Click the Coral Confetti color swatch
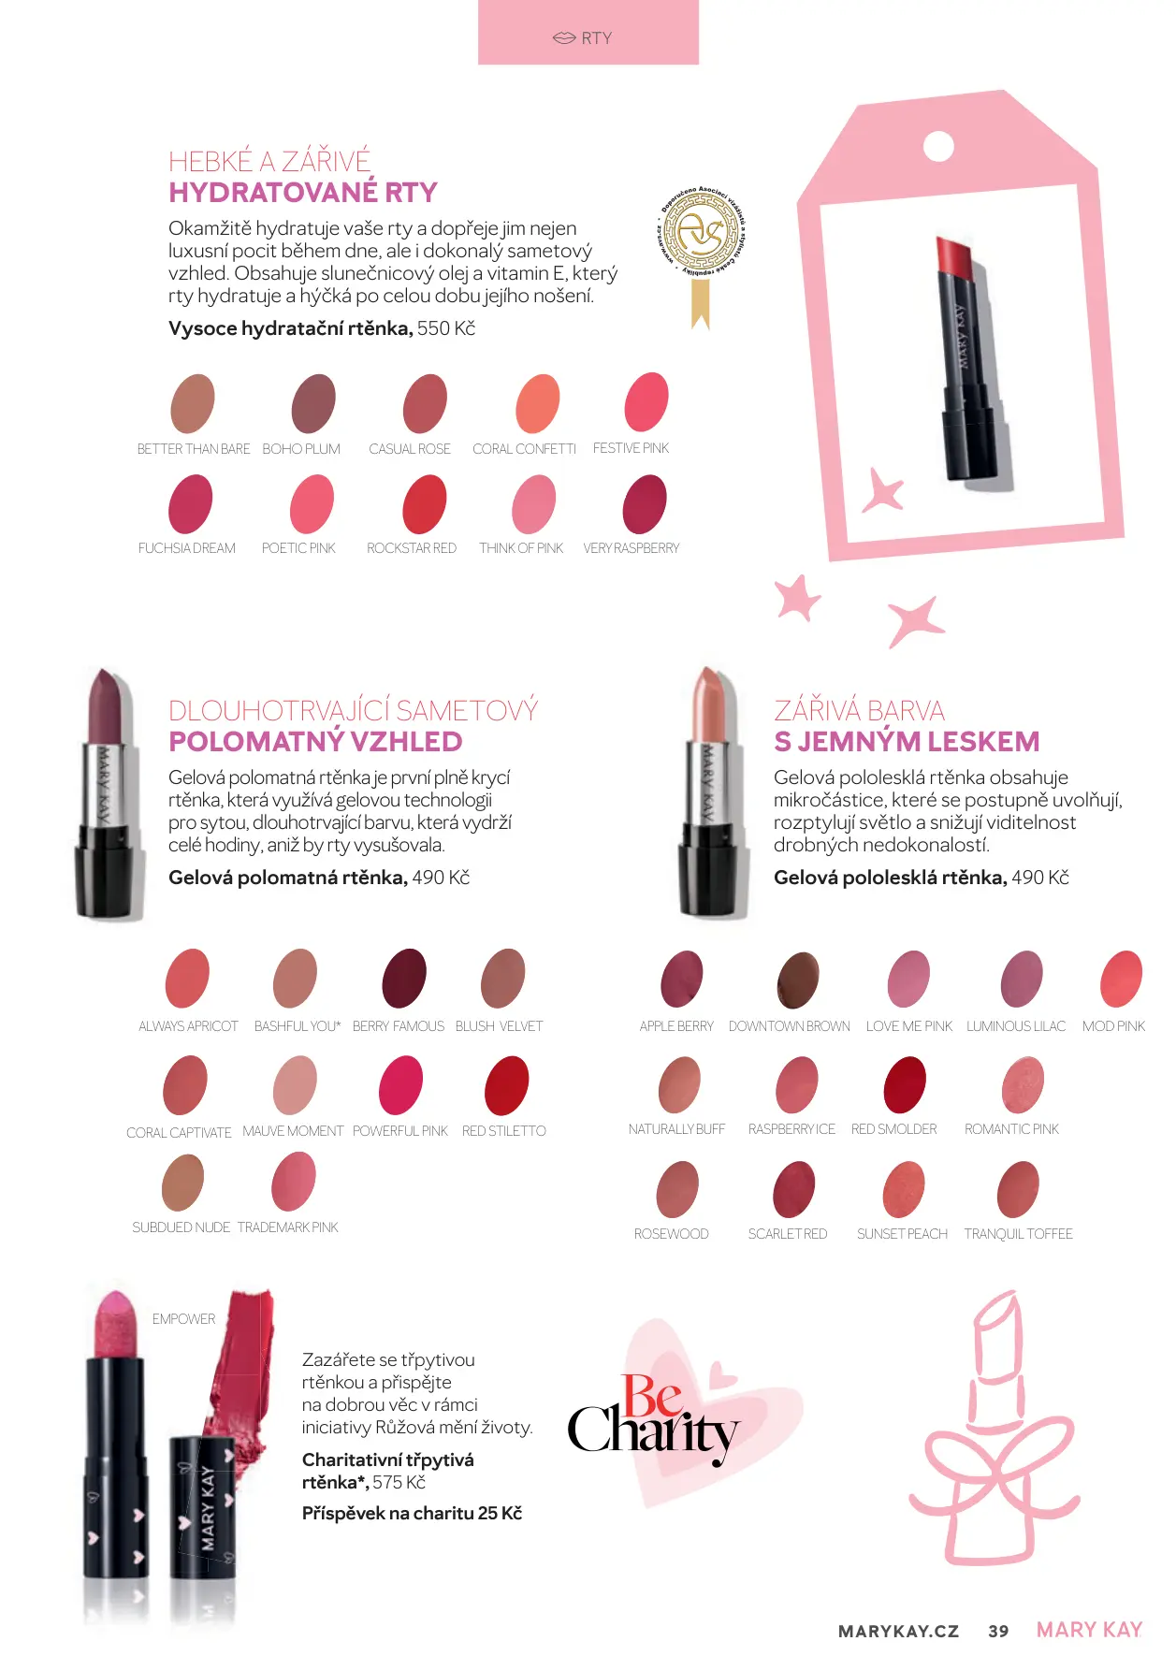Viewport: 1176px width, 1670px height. pos(538,403)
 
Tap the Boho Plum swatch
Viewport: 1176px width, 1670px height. pos(313,403)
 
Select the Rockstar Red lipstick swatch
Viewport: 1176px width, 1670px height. pos(425,504)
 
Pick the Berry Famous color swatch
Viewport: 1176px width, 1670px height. pos(404,979)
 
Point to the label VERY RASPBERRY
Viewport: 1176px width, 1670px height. pos(632,548)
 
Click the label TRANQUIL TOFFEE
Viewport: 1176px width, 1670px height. pos(1018,1234)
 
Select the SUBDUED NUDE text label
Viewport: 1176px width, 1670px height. pos(181,1227)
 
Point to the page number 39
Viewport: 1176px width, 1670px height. pos(998,1631)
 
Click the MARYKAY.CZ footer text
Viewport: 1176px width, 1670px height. pos(898,1631)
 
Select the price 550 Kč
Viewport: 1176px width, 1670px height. pos(446,328)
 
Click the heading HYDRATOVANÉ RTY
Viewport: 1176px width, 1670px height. pos(303,193)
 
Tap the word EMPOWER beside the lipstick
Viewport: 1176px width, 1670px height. pos(183,1319)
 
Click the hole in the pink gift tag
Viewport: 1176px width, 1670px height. pos(938,147)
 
